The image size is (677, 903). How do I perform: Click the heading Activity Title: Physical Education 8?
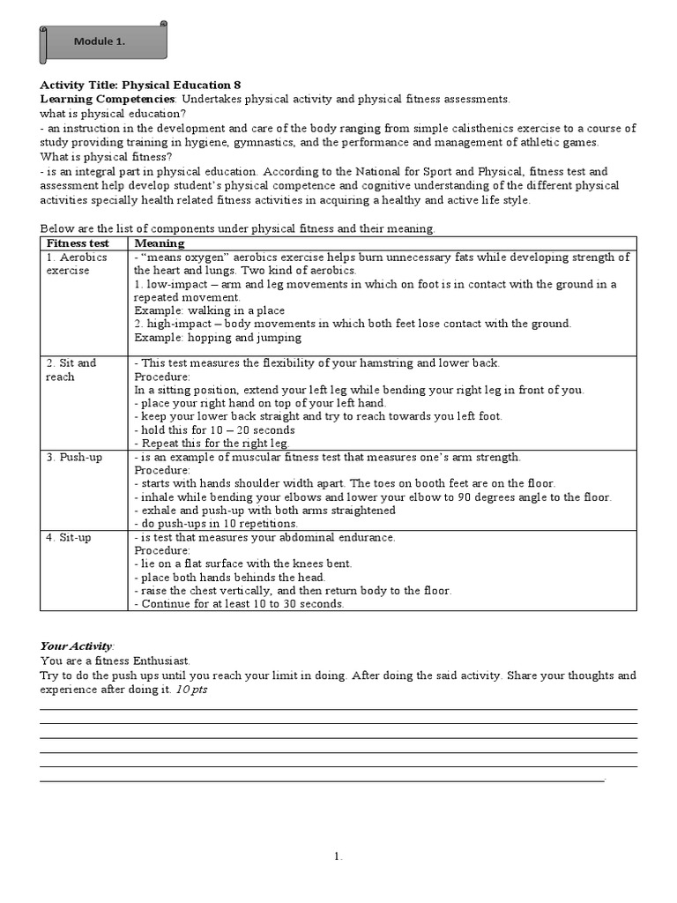coord(140,86)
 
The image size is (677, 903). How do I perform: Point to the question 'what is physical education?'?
coord(113,114)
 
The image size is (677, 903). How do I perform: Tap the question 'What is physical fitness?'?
coord(107,156)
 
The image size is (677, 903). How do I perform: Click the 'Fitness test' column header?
coord(78,243)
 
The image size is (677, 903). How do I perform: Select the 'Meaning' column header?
coord(160,243)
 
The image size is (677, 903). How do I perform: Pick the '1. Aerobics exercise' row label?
coord(77,264)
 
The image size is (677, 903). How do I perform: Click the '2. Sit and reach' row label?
coord(71,369)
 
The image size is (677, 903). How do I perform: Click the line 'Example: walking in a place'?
coord(209,310)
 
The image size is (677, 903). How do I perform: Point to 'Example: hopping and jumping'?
coord(218,337)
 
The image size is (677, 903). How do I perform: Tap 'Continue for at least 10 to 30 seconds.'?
coord(239,604)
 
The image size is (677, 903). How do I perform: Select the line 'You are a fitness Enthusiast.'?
coord(115,660)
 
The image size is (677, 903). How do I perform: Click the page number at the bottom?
coord(338,856)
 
